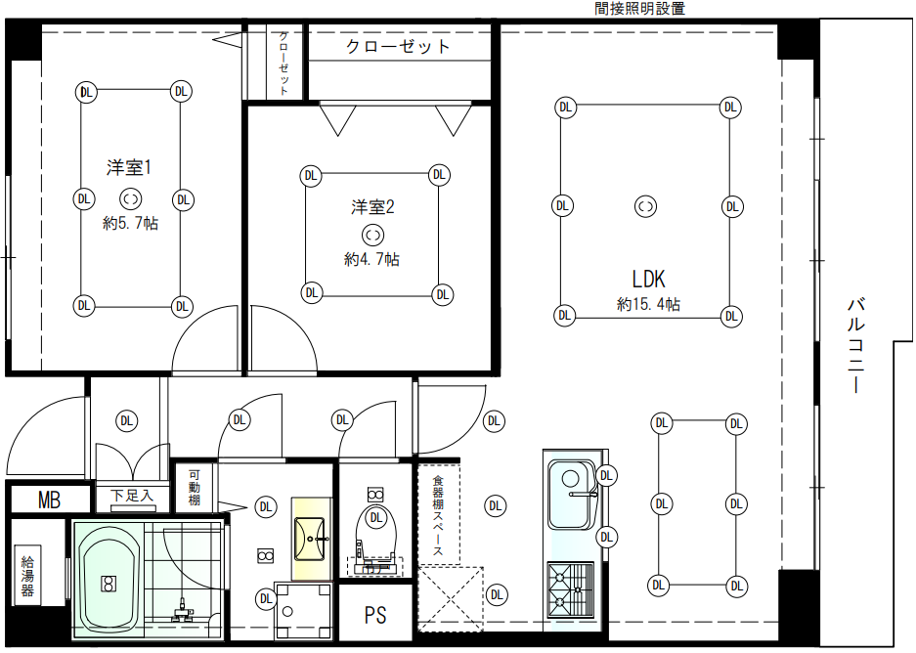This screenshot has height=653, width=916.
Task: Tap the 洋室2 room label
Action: point(372,206)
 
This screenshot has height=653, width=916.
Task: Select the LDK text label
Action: point(647,278)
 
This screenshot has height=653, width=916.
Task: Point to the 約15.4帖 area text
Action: point(648,304)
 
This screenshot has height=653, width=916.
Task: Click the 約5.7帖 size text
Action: point(131,223)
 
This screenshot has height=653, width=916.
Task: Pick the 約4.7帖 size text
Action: point(371,259)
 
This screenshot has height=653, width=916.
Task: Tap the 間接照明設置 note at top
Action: point(640,9)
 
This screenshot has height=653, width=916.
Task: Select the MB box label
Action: point(49,501)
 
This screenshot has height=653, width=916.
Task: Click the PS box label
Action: point(375,615)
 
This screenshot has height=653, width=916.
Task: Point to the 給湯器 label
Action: point(27,576)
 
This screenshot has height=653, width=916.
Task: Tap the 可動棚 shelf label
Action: point(193,487)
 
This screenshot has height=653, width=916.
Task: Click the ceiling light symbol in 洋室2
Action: point(372,235)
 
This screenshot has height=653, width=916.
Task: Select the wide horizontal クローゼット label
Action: point(398,46)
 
